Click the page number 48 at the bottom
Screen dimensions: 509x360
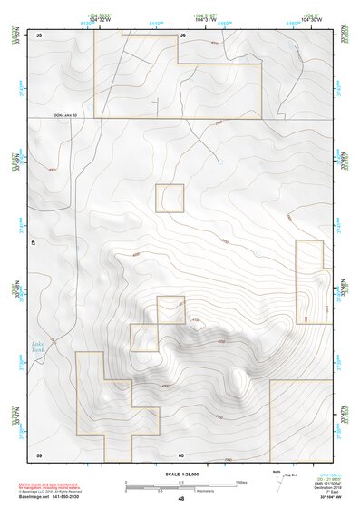click(x=180, y=499)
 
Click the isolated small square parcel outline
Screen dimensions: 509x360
click(x=170, y=198)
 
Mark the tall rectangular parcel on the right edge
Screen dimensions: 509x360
click(x=310, y=281)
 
